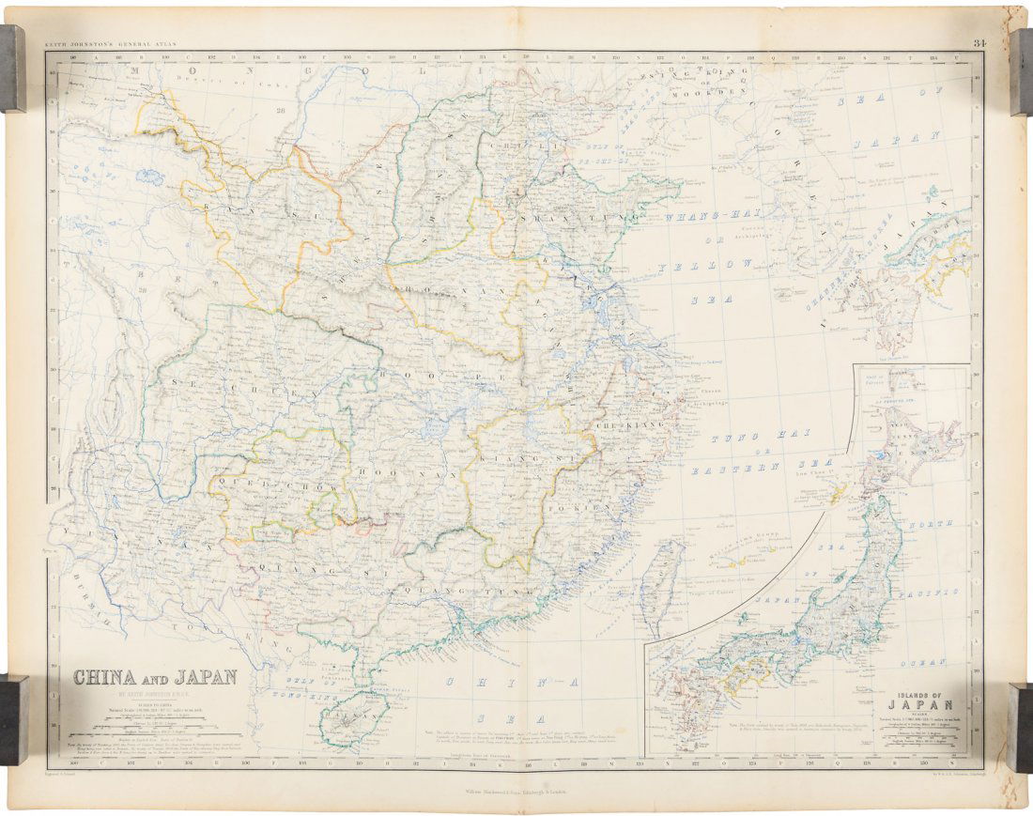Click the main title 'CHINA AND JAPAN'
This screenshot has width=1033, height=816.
point(155,676)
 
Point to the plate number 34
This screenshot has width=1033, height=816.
point(979,42)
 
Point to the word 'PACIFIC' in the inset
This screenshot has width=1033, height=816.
point(929,591)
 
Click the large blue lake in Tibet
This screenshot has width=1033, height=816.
point(148,176)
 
